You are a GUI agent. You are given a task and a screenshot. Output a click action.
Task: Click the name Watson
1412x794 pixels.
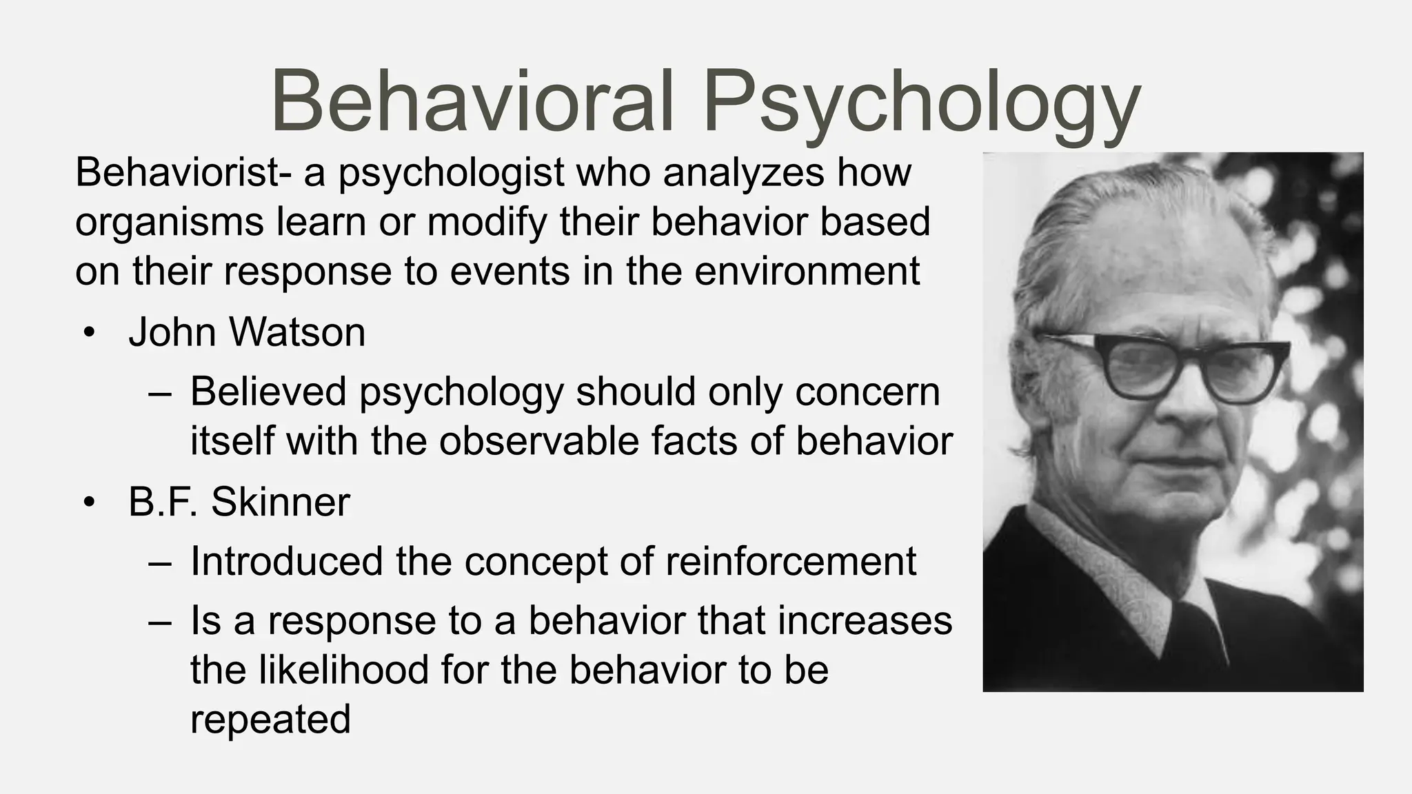pyautogui.click(x=296, y=332)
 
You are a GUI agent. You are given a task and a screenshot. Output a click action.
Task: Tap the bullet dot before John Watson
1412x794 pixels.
pyautogui.click(x=88, y=334)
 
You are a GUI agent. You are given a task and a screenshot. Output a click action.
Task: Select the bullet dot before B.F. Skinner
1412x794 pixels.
pyautogui.click(x=88, y=503)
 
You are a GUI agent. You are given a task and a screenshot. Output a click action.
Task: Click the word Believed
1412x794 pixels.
pyautogui.click(x=269, y=391)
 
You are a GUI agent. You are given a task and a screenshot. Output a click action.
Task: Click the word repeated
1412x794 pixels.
pyautogui.click(x=270, y=720)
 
